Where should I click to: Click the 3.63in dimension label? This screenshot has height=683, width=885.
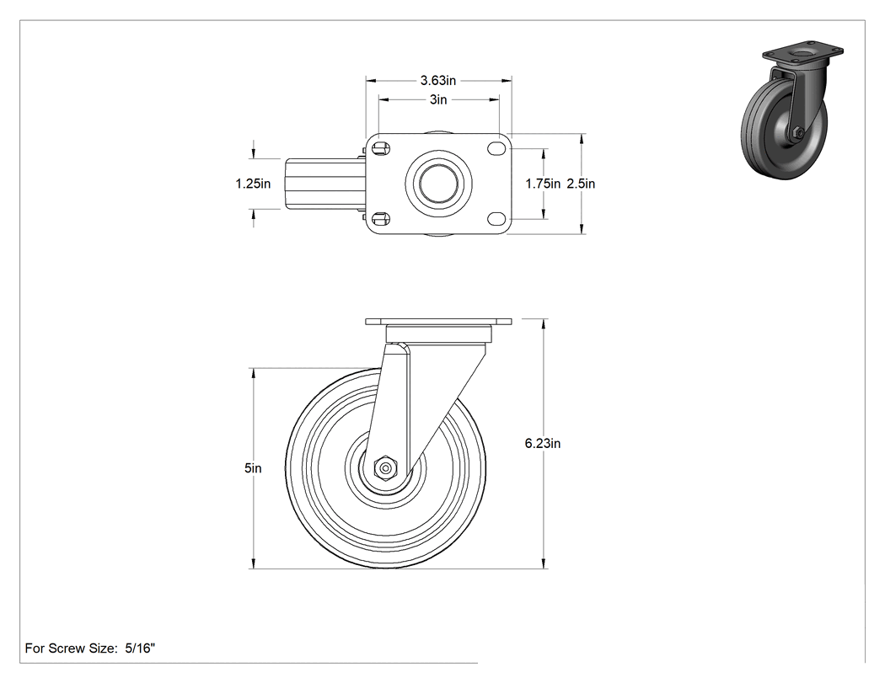click(x=438, y=81)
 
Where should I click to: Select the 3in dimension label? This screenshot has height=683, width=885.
click(x=438, y=100)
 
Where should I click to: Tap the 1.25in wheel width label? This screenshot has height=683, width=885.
click(x=253, y=184)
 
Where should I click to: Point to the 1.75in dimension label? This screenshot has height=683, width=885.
click(x=543, y=184)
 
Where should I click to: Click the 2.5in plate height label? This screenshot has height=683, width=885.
click(x=581, y=184)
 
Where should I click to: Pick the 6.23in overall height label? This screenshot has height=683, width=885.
click(x=543, y=443)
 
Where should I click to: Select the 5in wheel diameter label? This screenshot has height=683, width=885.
click(x=253, y=468)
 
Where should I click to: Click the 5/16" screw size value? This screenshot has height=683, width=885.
click(x=139, y=648)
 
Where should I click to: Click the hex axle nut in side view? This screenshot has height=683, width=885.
click(x=385, y=468)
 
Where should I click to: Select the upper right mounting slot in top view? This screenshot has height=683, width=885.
click(x=496, y=148)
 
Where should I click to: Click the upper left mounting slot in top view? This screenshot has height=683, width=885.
click(x=381, y=148)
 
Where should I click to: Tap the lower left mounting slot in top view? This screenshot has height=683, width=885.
click(x=381, y=218)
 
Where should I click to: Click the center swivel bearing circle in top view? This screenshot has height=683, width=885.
click(x=438, y=184)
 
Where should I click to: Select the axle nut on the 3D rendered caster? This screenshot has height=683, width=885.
click(x=797, y=133)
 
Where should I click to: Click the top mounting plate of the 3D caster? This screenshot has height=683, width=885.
click(x=803, y=52)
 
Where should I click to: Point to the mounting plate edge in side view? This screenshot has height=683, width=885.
click(x=438, y=322)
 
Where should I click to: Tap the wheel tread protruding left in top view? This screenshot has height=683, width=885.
click(x=323, y=184)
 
